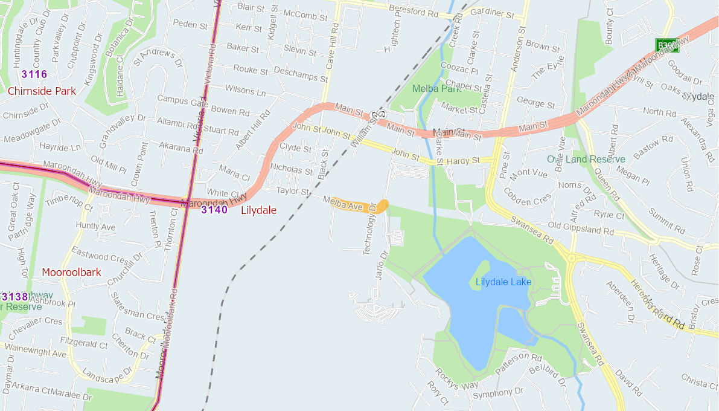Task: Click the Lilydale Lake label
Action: click(x=503, y=282)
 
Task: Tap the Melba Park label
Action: click(x=436, y=89)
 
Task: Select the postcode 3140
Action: click(x=214, y=210)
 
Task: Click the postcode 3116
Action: click(x=34, y=74)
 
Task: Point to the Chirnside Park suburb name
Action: click(x=42, y=91)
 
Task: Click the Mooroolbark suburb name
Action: click(x=71, y=272)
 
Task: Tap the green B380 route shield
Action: click(x=667, y=45)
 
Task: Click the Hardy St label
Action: click(x=463, y=161)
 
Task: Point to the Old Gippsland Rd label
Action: click(x=581, y=230)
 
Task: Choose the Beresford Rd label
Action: click(x=414, y=12)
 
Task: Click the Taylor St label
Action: click(x=293, y=191)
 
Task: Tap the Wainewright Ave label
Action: click(x=36, y=351)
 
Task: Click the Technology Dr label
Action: click(x=369, y=229)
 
